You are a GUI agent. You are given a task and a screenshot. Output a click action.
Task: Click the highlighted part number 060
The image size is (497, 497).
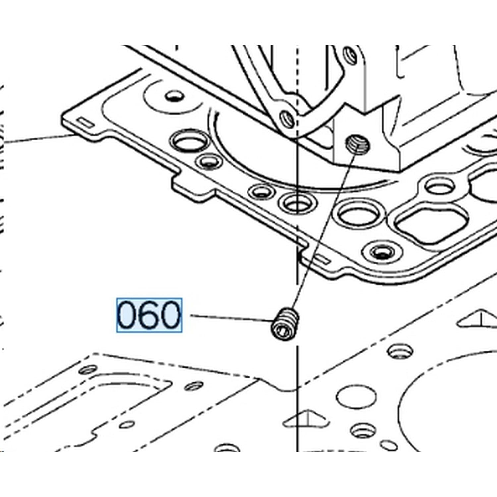(149, 315)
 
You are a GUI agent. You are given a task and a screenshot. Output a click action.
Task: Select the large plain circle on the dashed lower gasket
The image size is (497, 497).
(357, 396)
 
